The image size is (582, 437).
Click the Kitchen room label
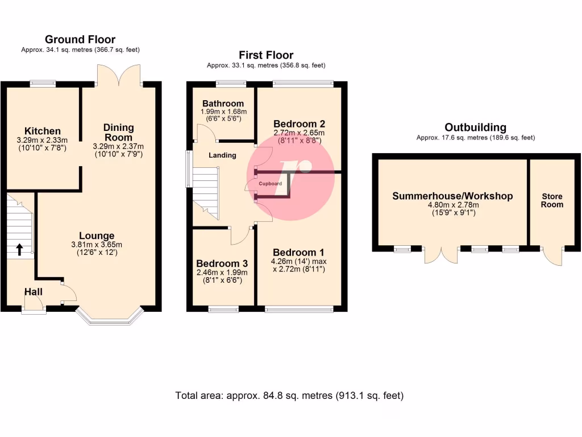click(42, 131)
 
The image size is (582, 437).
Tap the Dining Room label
click(118, 132)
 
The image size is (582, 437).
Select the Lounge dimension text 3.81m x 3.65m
click(97, 245)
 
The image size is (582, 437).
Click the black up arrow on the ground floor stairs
click(19, 249)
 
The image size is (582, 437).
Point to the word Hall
click(34, 292)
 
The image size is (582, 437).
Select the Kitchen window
click(43, 84)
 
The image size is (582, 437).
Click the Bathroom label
click(223, 104)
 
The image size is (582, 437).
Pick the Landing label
click(222, 155)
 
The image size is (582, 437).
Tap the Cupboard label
click(270, 184)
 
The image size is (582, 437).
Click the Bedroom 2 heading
click(299, 123)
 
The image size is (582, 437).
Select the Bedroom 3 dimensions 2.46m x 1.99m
click(222, 273)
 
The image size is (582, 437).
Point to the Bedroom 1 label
click(298, 253)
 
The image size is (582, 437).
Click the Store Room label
click(552, 200)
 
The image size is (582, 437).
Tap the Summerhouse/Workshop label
click(452, 196)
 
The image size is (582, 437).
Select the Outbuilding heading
click(476, 127)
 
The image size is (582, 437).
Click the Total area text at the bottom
click(289, 395)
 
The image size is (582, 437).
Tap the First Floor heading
click(266, 55)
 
